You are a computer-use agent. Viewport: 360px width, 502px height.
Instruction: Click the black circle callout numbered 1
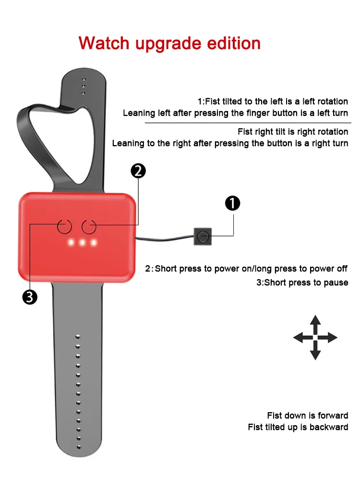coord(232,204)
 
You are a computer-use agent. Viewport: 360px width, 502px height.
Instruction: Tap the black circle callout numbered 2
coord(138,171)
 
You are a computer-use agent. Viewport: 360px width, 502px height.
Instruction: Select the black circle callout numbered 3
coord(30,297)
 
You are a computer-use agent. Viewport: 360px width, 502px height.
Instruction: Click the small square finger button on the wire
coord(203,236)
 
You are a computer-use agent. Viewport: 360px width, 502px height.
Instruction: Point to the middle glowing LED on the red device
coord(82,242)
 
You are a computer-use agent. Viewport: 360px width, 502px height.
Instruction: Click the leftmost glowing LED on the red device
coord(71,242)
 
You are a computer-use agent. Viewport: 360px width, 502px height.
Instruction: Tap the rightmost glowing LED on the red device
coord(94,242)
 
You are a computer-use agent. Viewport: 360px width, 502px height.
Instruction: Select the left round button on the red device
coord(65,226)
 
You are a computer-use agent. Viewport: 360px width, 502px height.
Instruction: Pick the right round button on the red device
coord(89,226)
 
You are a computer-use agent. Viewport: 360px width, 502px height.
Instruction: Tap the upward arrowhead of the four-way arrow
coord(315,321)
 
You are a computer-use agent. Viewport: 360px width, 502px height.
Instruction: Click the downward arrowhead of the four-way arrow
coord(315,355)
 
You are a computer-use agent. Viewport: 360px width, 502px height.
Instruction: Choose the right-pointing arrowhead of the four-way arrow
coord(332,338)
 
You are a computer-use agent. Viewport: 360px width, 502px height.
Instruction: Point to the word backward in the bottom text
coord(329,427)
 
